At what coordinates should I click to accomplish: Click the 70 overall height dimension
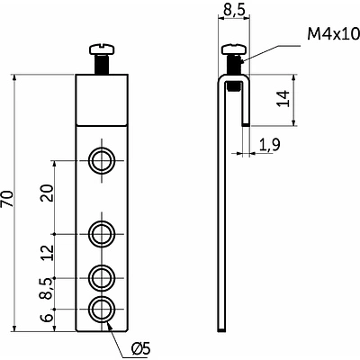(x=8, y=199)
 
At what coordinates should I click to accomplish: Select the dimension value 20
(x=48, y=193)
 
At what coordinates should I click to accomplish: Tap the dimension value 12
(x=48, y=253)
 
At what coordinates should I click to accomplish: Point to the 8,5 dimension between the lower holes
(x=48, y=289)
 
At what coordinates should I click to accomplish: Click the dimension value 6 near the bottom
(x=48, y=318)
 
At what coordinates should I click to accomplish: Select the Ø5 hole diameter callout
(x=140, y=349)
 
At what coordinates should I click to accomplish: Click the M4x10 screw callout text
(x=333, y=34)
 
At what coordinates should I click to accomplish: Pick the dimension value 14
(x=283, y=98)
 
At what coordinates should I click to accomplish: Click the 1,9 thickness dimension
(x=269, y=145)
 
